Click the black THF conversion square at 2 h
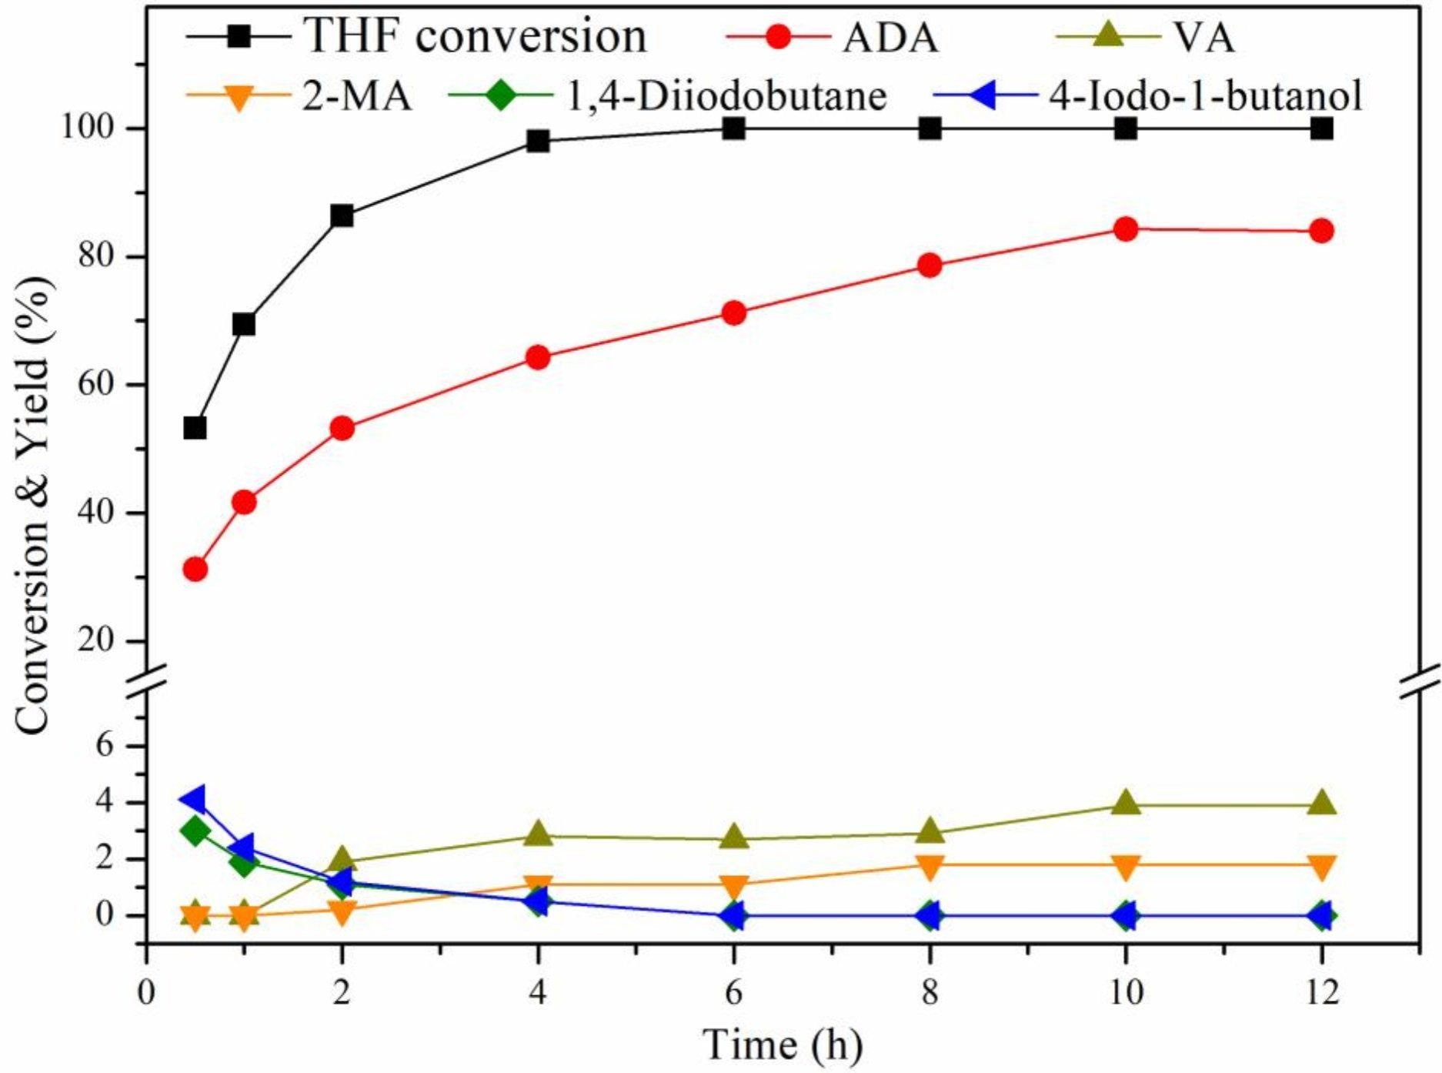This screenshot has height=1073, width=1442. (342, 216)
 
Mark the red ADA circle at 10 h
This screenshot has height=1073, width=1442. (1126, 229)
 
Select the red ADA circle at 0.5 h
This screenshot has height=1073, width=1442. (195, 570)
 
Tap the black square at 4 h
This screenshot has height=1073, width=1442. (538, 141)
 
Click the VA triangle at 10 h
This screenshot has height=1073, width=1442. (1126, 803)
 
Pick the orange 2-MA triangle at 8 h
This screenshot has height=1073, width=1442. (930, 867)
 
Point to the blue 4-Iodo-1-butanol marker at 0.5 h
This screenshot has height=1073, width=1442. (193, 800)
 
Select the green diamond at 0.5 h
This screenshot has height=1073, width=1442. (195, 831)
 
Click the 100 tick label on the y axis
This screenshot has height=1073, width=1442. (93, 129)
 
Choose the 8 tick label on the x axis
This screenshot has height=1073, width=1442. (930, 992)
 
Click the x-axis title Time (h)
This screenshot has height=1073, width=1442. (783, 1045)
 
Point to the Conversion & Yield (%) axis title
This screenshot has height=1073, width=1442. (35, 506)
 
